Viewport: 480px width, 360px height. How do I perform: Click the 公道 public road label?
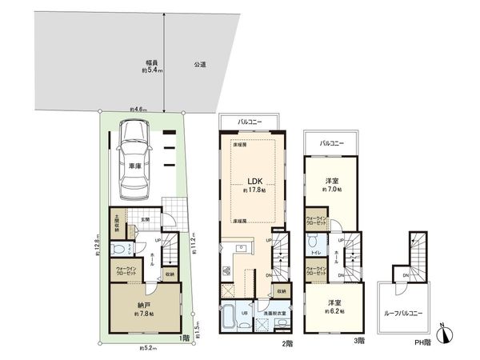tap(199, 64)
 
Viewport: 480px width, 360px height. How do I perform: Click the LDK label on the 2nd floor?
tap(254, 180)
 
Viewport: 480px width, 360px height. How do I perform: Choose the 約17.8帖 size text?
tap(254, 191)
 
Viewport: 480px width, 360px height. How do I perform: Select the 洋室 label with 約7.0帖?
tap(332, 181)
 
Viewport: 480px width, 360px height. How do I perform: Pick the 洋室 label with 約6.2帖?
tap(334, 302)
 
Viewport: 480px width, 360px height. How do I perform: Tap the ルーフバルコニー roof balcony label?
tap(404, 312)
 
